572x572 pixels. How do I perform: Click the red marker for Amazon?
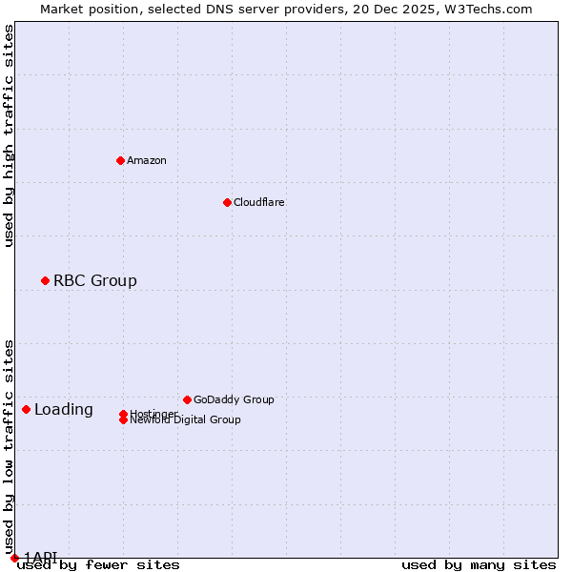point(120,160)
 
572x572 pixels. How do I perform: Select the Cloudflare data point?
point(227,202)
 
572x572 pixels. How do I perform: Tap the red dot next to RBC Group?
point(45,280)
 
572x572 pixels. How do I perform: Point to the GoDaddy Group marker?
point(187,399)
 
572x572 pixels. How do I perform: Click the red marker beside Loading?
point(26,409)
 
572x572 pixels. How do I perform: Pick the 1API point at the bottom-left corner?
point(14,558)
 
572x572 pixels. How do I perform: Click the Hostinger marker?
point(123,414)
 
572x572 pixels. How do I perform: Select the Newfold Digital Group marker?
point(123,420)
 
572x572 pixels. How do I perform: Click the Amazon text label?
point(147,160)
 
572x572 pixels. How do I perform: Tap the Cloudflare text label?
point(259,202)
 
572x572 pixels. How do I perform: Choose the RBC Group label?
point(95,280)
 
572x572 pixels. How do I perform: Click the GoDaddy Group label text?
point(234,399)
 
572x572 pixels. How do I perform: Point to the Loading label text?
point(64,410)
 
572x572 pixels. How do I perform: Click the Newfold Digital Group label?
point(186,420)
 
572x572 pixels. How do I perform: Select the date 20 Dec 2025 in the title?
point(406,9)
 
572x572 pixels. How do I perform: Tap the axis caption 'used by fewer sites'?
point(98,565)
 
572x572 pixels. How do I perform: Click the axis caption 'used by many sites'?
point(479,565)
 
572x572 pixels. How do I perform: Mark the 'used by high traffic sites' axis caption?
point(9,135)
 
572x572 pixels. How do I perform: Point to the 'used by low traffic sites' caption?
point(9,446)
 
